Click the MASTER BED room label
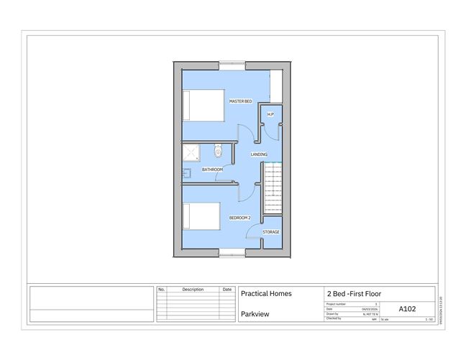pyautogui.click(x=240, y=101)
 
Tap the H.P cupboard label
pyautogui.click(x=270, y=114)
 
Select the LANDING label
pyautogui.click(x=259, y=154)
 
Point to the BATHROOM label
pyautogui.click(x=212, y=170)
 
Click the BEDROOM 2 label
pyautogui.click(x=239, y=217)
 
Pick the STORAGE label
pyautogui.click(x=271, y=231)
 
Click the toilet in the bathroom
pyautogui.click(x=218, y=151)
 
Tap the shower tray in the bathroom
pyautogui.click(x=192, y=153)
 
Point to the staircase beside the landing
pyautogui.click(x=274, y=188)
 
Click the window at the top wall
pyautogui.click(x=232, y=65)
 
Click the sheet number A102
pyautogui.click(x=406, y=310)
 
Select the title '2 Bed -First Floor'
pyautogui.click(x=354, y=293)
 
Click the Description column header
pyautogui.click(x=193, y=290)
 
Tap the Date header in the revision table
pyautogui.click(x=227, y=290)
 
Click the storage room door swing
pyautogui.click(x=254, y=231)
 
